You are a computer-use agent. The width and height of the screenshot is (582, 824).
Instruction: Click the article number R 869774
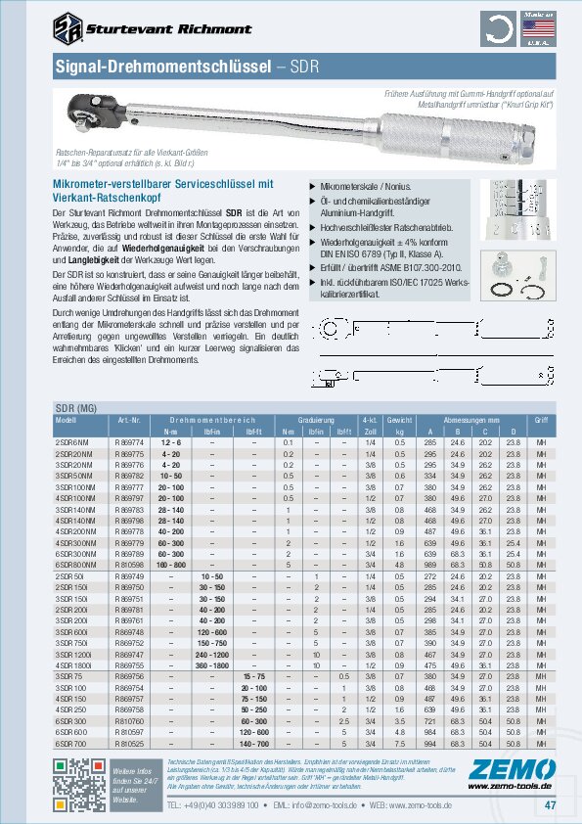[129, 442]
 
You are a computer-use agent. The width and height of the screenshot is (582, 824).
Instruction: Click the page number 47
[550, 805]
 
